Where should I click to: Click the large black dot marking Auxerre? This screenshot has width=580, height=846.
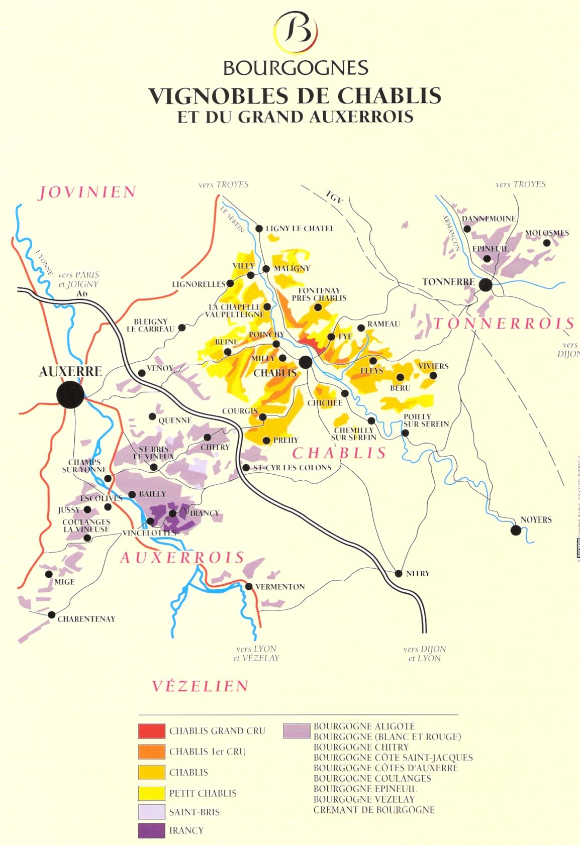pyautogui.click(x=70, y=394)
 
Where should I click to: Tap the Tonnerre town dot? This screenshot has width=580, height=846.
pyautogui.click(x=485, y=285)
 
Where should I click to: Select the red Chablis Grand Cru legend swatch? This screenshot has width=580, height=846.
pyautogui.click(x=151, y=731)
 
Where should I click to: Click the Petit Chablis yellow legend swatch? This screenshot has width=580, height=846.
pyautogui.click(x=151, y=793)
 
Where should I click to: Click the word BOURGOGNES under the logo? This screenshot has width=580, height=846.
pyautogui.click(x=296, y=68)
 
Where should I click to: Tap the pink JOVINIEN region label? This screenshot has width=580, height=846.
pyautogui.click(x=87, y=192)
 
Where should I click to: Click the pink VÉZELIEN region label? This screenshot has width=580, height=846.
pyautogui.click(x=200, y=686)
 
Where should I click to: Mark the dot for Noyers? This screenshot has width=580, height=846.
pyautogui.click(x=515, y=530)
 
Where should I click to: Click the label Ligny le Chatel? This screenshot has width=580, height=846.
pyautogui.click(x=300, y=229)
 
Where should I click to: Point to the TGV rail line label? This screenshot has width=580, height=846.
pyautogui.click(x=334, y=197)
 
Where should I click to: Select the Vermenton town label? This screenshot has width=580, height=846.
pyautogui.click(x=280, y=587)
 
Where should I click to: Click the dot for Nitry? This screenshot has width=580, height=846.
pyautogui.click(x=399, y=573)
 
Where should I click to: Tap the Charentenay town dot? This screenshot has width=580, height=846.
pyautogui.click(x=51, y=615)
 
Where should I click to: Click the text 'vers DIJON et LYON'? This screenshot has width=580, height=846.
pyautogui.click(x=425, y=654)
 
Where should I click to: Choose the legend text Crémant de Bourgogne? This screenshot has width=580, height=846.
pyautogui.click(x=374, y=810)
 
